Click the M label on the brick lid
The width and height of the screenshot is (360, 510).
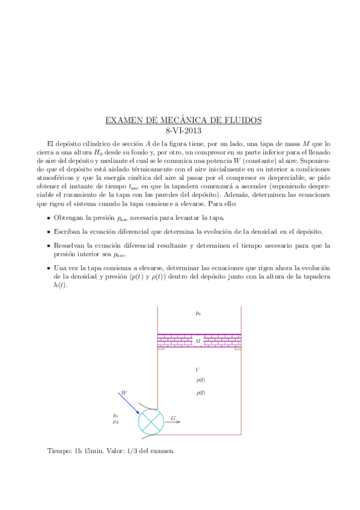click(x=198, y=342)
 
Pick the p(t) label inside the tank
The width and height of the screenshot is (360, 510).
click(x=200, y=381)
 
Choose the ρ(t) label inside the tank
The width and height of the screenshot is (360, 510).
click(x=200, y=393)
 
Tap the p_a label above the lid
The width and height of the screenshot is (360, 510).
click(x=198, y=313)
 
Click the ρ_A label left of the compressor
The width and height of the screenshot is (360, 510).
click(x=115, y=422)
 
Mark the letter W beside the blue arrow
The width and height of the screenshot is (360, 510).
click(x=124, y=392)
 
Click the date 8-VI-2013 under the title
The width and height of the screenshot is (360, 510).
click(x=183, y=130)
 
